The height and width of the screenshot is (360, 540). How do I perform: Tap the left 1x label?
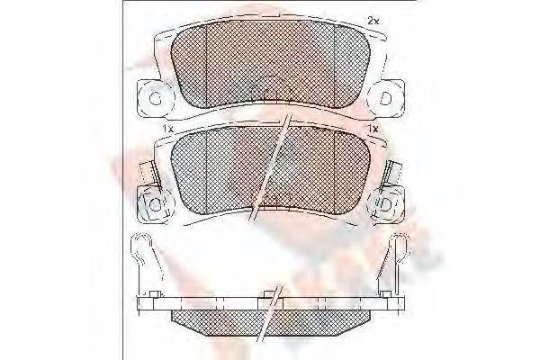coord(166,130)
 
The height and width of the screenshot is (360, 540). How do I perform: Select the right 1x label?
coord(372,130)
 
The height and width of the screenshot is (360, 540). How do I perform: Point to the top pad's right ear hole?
coord(385,98)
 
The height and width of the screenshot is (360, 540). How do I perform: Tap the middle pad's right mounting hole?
coord(387,206)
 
